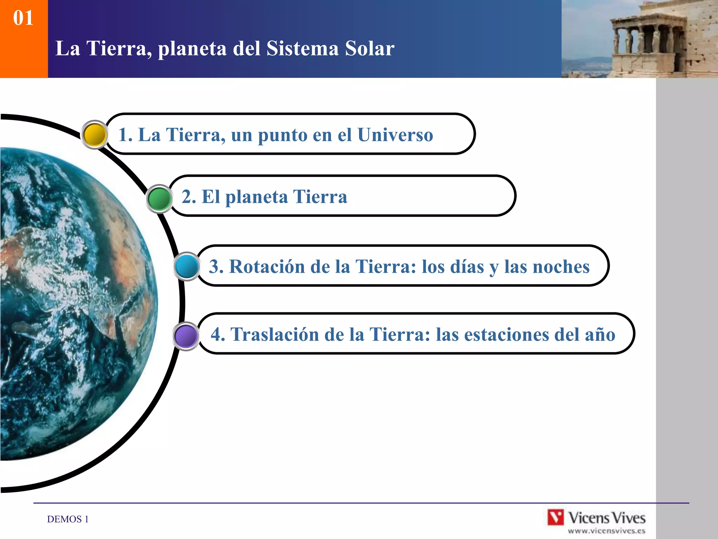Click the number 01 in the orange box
pyautogui.click(x=23, y=18)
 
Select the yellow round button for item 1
pyautogui.click(x=94, y=135)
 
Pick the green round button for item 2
pyautogui.click(x=159, y=199)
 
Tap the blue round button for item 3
pyautogui.click(x=187, y=267)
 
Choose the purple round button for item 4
pyautogui.click(x=186, y=336)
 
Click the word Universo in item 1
pyautogui.click(x=395, y=135)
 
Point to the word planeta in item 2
pyautogui.click(x=257, y=197)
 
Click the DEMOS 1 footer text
pyautogui.click(x=68, y=519)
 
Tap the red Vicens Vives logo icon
pyautogui.click(x=556, y=518)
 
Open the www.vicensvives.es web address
pyautogui.click(x=607, y=531)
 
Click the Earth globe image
pyautogui.click(x=74, y=302)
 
